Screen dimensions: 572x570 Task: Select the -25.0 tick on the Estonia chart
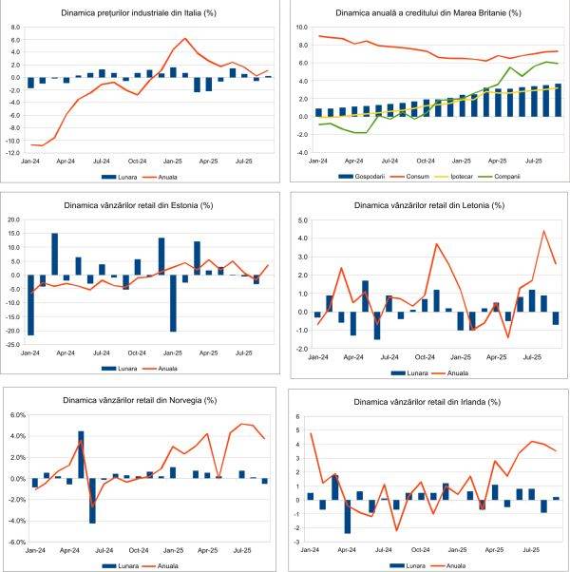point(14,344)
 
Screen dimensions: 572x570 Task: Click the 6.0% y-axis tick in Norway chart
point(15,415)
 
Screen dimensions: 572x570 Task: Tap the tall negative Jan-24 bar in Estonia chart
point(31,305)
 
